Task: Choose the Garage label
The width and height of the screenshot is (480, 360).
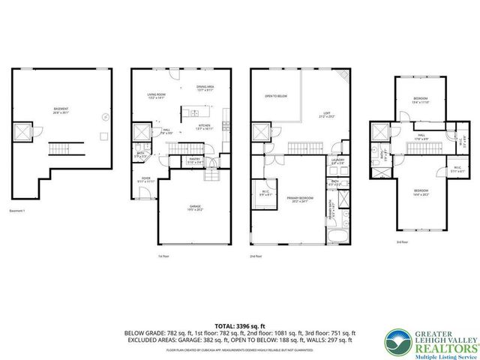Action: pos(195,207)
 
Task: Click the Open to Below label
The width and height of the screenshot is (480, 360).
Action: pos(276,96)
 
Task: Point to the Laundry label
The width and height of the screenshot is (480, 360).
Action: pos(337,160)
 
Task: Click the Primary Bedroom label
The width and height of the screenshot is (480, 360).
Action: pos(299,200)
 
